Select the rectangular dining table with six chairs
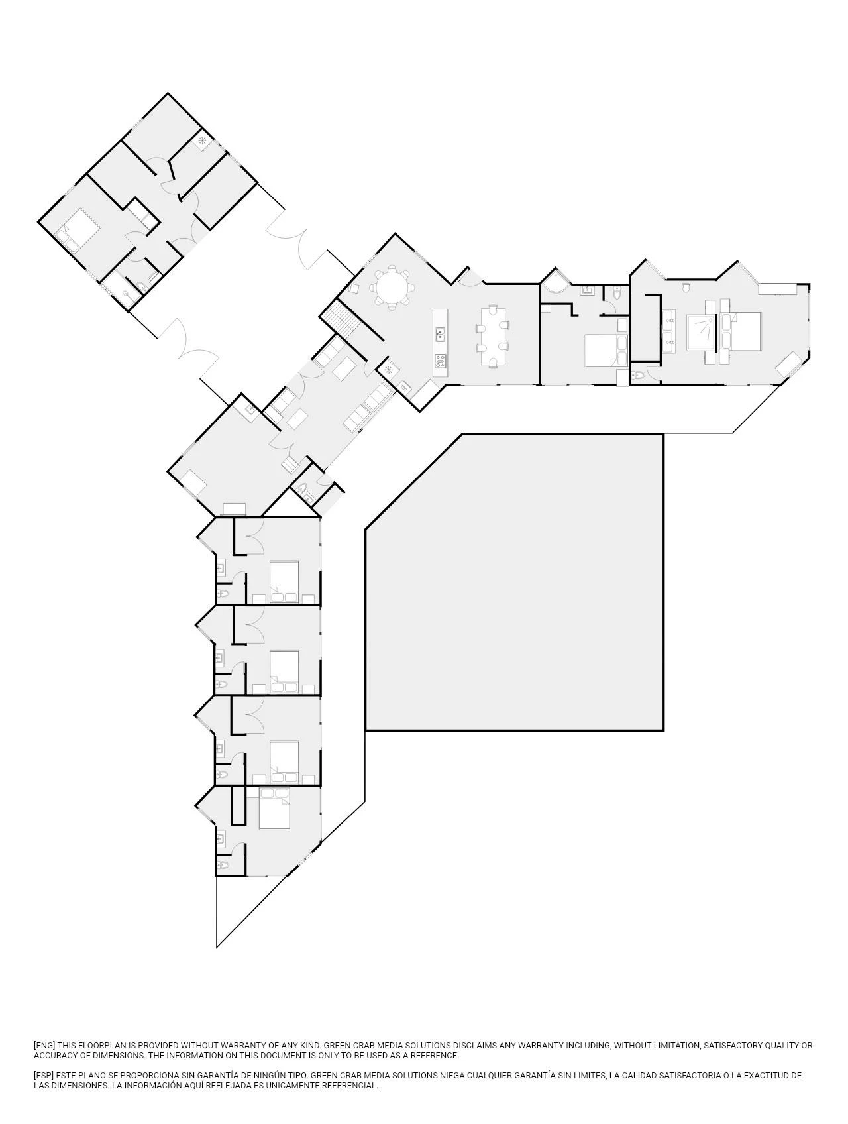point(492,336)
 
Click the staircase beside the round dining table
point(342,317)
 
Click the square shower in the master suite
point(702,332)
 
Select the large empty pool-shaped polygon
point(515,583)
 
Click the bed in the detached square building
point(79,229)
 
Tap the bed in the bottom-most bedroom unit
point(274,808)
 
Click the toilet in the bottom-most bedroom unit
point(223,866)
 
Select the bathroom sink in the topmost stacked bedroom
point(220,567)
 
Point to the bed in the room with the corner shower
point(606,350)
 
